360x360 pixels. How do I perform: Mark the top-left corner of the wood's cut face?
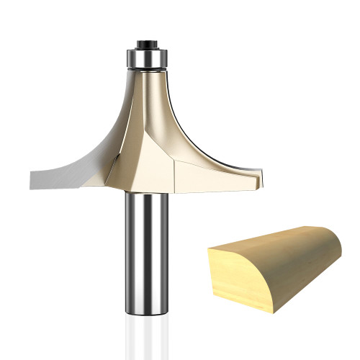208,249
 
